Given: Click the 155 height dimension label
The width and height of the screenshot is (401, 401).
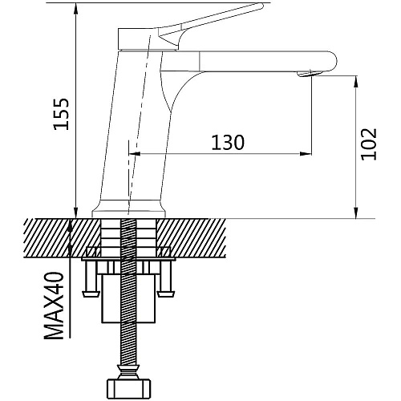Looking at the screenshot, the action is (61, 114).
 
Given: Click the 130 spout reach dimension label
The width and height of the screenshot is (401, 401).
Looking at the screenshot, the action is (228, 143).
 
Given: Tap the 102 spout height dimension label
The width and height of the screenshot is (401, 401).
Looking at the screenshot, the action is (369, 144).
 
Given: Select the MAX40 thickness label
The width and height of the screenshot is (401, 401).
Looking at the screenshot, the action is (55, 306).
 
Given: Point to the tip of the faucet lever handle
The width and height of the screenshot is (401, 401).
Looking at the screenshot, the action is (261, 6).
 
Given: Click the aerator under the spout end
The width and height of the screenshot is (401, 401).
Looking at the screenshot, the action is (309, 74).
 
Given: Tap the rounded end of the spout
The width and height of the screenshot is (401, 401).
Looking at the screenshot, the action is (331, 61).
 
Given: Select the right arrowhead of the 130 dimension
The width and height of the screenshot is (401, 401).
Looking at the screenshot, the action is (306, 154).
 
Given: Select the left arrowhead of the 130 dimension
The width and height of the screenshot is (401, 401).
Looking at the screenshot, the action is (135, 154).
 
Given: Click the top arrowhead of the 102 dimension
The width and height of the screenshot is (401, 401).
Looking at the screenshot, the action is (356, 82).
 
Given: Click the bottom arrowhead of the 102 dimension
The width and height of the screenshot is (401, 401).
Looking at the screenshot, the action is (356, 213).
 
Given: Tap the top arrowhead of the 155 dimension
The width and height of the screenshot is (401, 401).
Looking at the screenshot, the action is (76, 9).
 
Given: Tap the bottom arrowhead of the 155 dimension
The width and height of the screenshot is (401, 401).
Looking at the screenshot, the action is (76, 213).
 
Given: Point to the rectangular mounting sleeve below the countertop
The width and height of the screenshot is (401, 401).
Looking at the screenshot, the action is (128, 298).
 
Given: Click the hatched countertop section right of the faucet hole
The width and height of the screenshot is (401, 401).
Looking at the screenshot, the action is (191, 238).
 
